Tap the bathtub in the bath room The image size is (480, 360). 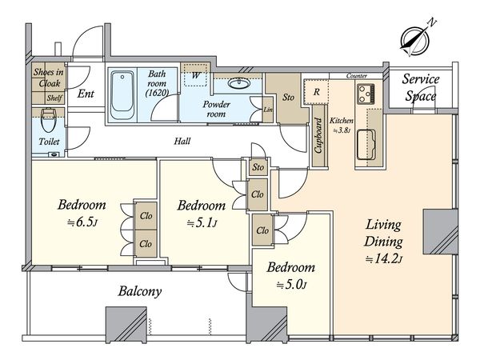click(122, 95)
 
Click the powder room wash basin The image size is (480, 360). click(239, 83)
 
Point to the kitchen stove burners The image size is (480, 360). click(366, 94)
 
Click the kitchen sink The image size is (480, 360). click(366, 145)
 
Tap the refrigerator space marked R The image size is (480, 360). click(316, 91)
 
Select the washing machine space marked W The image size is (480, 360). click(196, 75)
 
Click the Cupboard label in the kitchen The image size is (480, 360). click(318, 135)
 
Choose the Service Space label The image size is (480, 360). click(421, 87)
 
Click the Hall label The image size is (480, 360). click(182, 141)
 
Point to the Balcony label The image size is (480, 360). click(140, 291)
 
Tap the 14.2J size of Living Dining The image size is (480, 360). click(383, 259)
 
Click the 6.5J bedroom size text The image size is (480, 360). click(82, 222)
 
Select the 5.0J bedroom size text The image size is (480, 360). click(291, 285)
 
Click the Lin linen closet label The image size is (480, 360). click(268, 110)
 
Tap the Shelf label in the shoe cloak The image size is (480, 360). click(54, 98)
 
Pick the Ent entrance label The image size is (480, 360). click(86, 94)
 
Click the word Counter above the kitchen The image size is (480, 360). click(357, 76)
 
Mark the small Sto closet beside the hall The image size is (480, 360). click(258, 167)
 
